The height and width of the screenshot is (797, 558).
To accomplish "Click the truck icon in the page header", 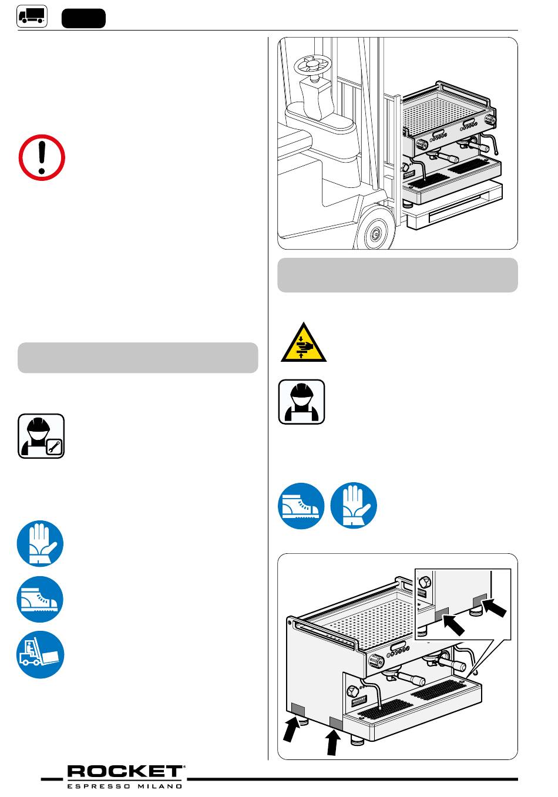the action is coord(32,16).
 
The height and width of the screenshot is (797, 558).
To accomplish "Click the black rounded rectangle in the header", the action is coord(83,19).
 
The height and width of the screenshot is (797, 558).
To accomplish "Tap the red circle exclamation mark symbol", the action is coord(42,157).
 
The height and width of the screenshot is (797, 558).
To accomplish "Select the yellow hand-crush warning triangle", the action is coord(304,342).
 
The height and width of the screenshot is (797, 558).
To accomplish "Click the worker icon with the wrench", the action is coord(41,436).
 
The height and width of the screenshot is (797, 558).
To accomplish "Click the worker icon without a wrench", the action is coord(301,402).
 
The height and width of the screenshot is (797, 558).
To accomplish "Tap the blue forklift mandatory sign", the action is coord(40,655).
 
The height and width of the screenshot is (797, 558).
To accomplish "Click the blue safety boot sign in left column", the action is coord(40,600).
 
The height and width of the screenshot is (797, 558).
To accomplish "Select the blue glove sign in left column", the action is coord(40,543).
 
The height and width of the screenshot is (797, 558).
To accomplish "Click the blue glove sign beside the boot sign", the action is coord(354,506).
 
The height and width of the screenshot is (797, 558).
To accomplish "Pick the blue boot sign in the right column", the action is coord(301,506).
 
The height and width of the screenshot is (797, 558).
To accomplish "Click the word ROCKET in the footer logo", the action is coord(125,772).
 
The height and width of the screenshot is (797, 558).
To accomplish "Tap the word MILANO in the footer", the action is coord(160,786).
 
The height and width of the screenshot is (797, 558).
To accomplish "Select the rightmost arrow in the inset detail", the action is coord(494,608).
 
